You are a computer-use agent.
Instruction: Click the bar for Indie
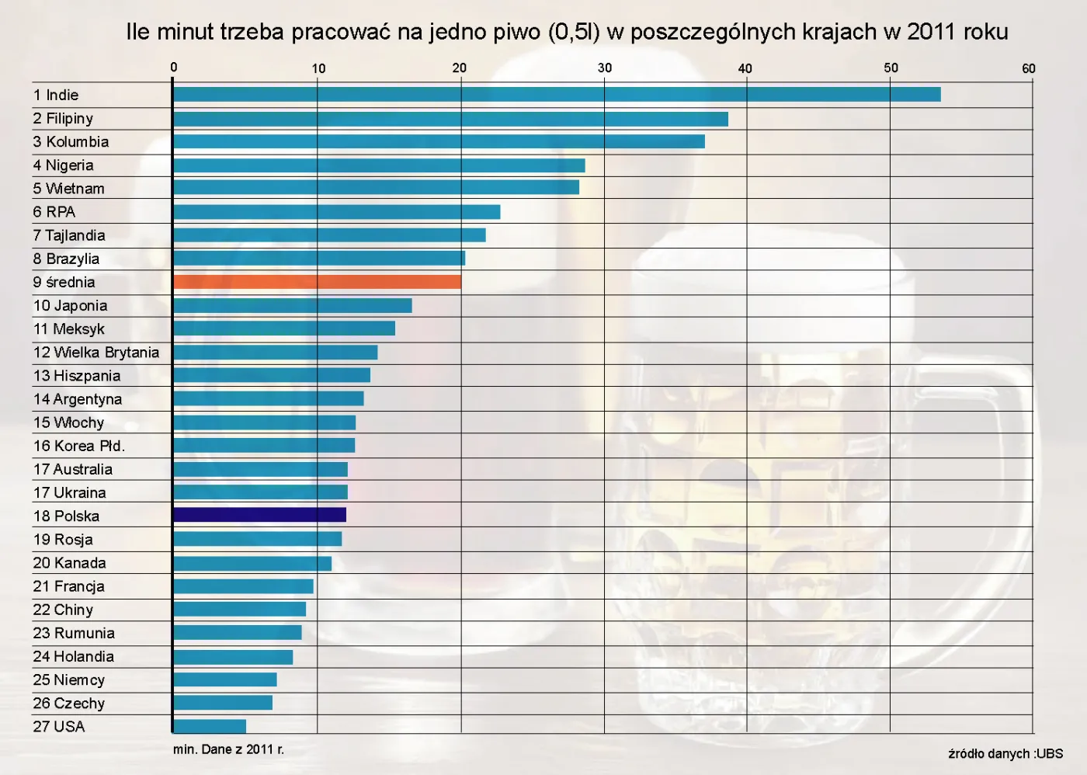coord(556,95)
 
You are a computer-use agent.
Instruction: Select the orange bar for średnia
coord(317,282)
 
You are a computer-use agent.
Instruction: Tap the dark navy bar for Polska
coord(259,515)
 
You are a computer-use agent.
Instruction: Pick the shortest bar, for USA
coord(210,726)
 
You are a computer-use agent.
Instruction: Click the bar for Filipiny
coord(450,119)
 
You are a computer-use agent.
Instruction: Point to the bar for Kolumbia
coord(439,141)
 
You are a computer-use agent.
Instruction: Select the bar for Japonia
coord(292,305)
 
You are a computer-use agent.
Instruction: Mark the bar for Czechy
coord(223,703)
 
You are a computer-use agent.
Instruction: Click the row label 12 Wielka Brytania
coord(96,353)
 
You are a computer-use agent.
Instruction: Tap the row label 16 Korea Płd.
coord(79,446)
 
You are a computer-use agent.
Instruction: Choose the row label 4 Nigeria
coord(64,165)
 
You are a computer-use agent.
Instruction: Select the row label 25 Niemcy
coord(69,679)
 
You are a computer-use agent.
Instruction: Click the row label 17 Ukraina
coord(70,492)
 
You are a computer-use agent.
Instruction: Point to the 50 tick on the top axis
coord(891,68)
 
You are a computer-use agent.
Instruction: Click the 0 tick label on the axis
coord(174,68)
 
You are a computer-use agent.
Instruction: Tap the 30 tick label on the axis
coord(604,68)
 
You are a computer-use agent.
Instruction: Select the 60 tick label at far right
coord(1028,68)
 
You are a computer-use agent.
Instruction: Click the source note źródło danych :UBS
coord(1005,753)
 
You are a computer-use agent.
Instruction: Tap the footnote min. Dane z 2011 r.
coord(228,749)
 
